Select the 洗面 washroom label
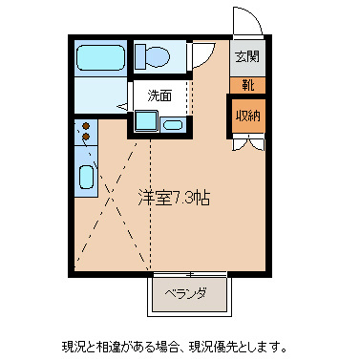[159, 95]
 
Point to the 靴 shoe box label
[247, 85]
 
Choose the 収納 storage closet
[248, 116]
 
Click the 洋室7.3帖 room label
[174, 199]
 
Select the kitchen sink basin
[86, 177]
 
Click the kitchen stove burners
[86, 132]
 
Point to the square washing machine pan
[147, 120]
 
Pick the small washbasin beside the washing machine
[173, 124]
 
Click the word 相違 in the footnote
[107, 345]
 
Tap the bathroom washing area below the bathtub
[100, 95]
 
